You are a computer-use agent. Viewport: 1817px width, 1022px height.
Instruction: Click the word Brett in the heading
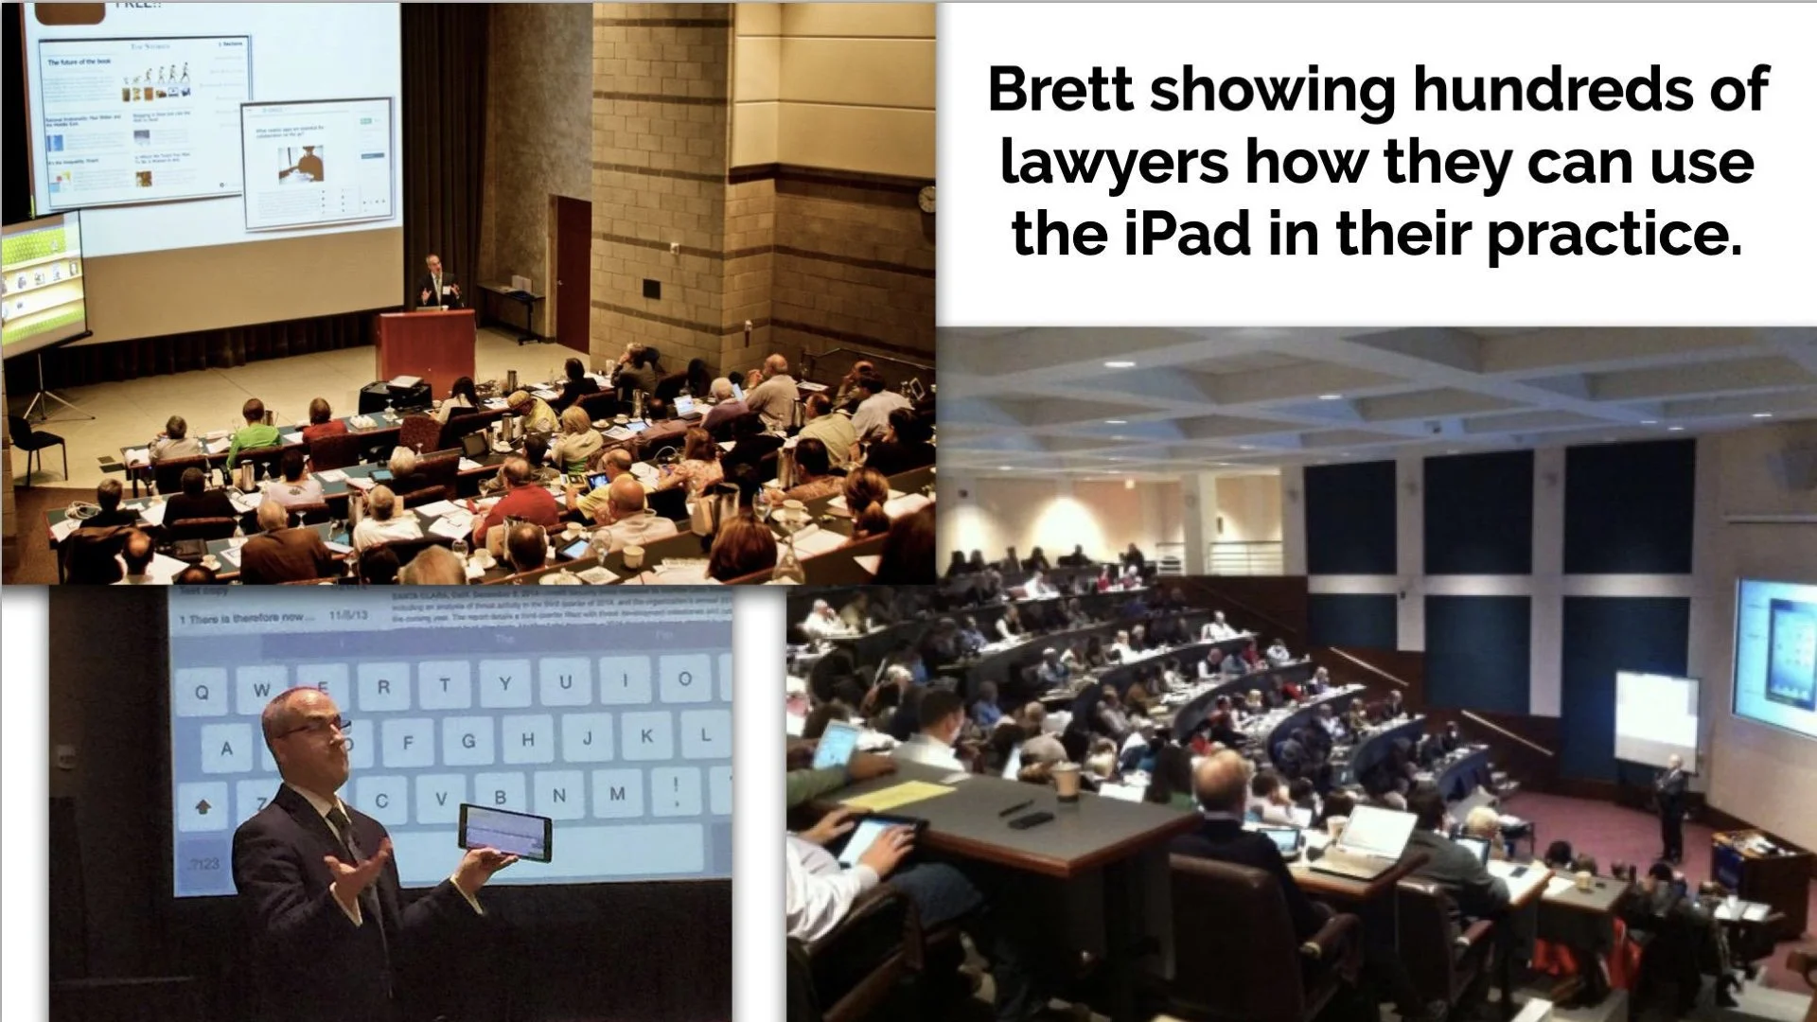[x=1060, y=90]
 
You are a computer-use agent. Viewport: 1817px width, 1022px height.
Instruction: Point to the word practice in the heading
[x=1614, y=236]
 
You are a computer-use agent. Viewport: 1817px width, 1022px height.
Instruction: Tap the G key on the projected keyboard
[x=467, y=741]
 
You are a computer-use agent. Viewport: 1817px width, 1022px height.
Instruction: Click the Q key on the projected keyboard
[x=202, y=692]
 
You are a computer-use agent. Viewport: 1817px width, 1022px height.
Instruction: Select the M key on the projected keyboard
[x=617, y=793]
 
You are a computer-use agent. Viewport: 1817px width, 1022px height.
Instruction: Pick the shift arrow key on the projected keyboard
[x=203, y=806]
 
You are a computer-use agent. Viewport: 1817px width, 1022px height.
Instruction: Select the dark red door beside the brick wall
[x=573, y=274]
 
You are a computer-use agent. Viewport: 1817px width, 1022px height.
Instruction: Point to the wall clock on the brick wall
[x=926, y=198]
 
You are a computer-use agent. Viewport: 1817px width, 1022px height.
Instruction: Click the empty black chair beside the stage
[x=38, y=445]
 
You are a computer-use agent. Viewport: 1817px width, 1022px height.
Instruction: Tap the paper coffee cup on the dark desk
[x=1067, y=782]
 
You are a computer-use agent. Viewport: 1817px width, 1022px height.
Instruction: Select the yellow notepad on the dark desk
[x=895, y=794]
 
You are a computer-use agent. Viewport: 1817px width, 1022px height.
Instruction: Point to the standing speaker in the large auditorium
[x=1671, y=804]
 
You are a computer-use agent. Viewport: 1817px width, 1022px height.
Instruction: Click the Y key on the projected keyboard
[x=504, y=683]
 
